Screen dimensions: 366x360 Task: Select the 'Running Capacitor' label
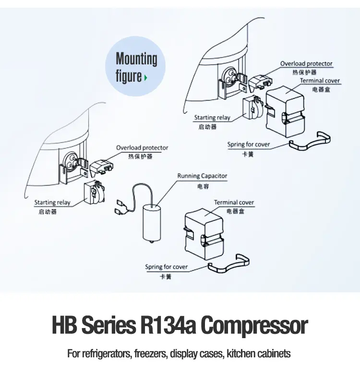202,176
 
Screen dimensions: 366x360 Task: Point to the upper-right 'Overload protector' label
306,63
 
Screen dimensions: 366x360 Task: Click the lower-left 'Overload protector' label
142,148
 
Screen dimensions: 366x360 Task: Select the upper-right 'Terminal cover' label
320,81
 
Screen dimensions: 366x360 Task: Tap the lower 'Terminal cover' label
234,203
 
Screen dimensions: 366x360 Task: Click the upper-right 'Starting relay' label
212,118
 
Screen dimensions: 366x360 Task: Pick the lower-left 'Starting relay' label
52,203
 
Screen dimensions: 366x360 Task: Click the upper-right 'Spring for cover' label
249,145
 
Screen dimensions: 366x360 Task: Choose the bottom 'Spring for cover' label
167,267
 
